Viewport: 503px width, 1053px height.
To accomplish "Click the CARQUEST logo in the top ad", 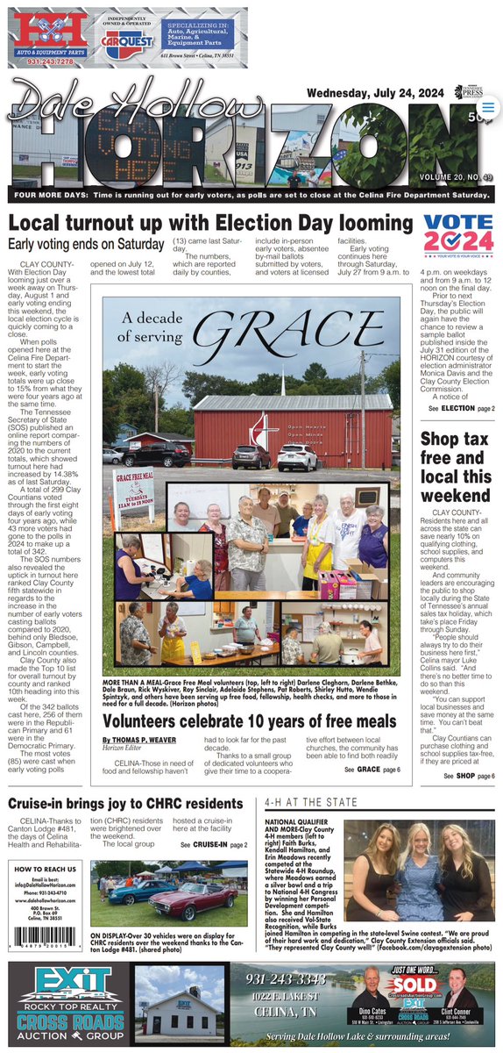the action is coord(130,39).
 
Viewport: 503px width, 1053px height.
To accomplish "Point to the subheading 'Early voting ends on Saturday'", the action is coord(86,244).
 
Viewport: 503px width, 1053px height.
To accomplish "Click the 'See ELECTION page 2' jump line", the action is coord(461,409).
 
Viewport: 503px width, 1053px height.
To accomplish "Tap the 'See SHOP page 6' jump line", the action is coord(468,776).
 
